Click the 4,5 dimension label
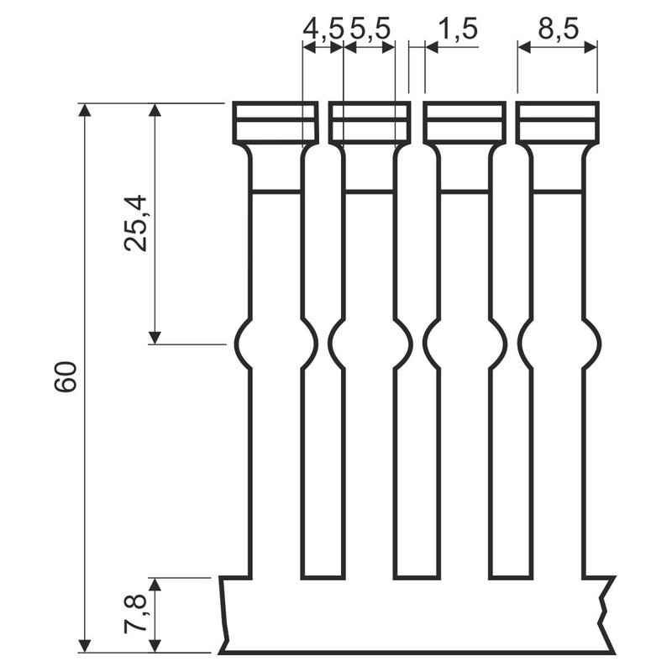click(323, 30)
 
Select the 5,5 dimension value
click(370, 30)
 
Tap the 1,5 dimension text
click(456, 30)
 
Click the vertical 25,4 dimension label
click(136, 223)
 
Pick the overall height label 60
click(66, 376)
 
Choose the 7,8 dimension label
click(136, 614)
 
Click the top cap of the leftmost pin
click(276, 123)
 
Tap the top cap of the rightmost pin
click(558, 123)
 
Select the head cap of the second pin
click(370, 123)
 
